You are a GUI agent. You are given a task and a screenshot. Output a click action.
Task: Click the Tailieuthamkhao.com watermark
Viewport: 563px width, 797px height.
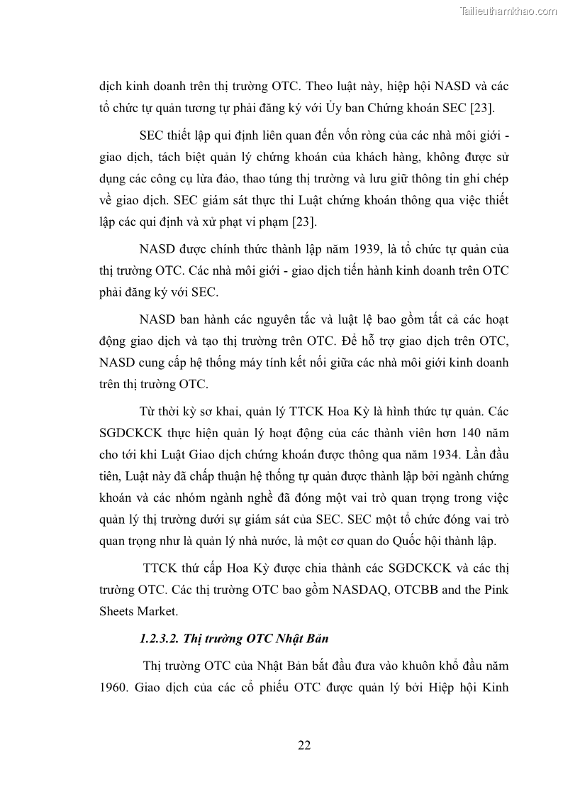(x=509, y=11)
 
